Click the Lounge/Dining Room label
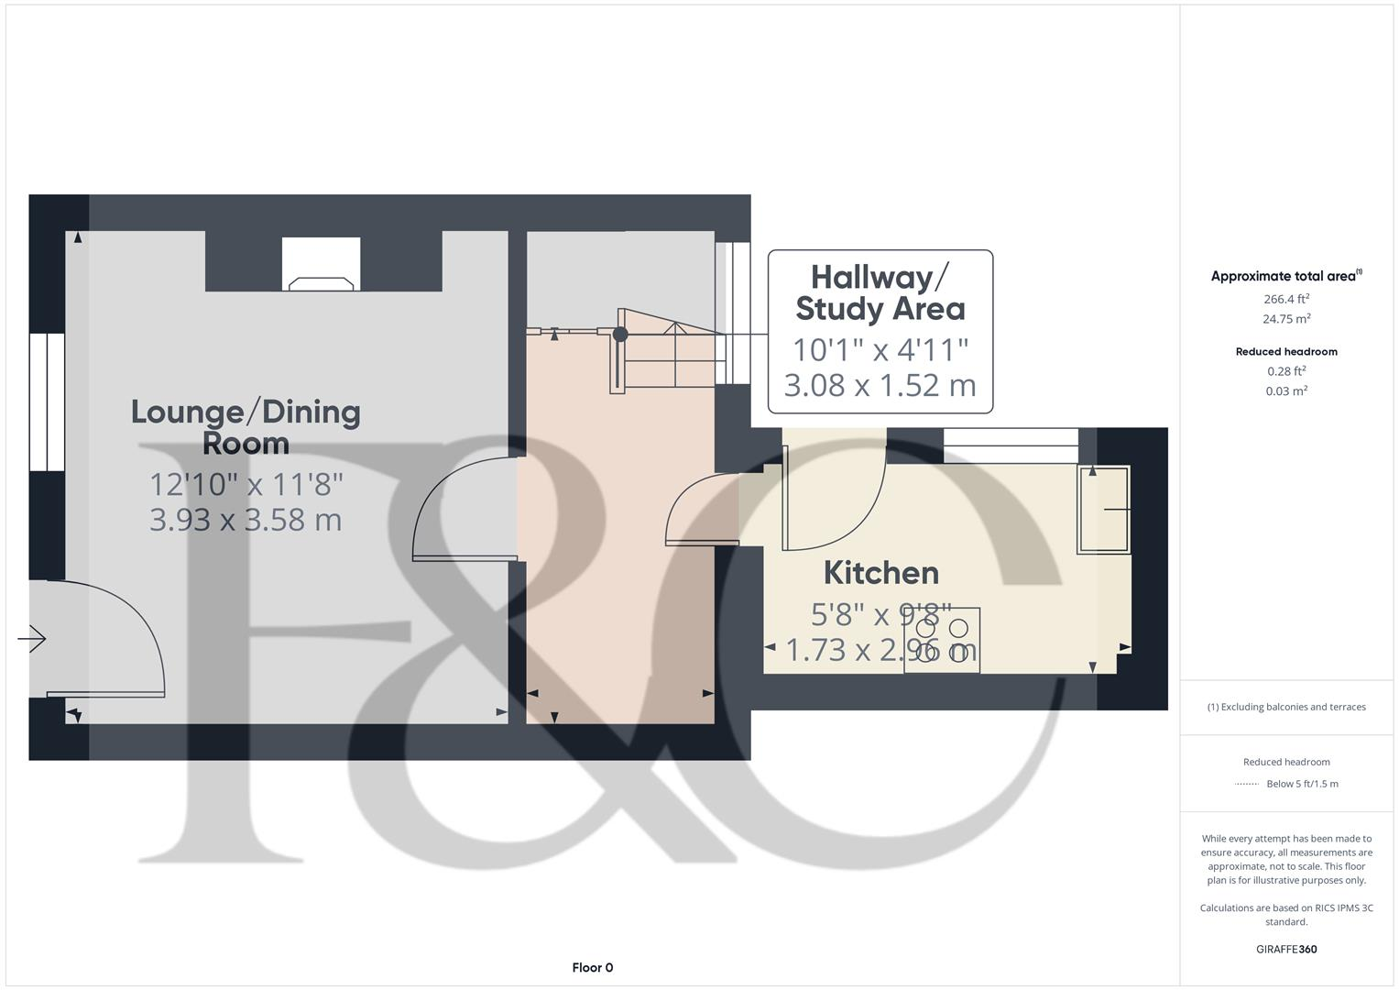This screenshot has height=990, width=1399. (246, 427)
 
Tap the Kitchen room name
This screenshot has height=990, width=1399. (881, 573)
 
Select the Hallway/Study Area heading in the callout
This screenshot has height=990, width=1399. (880, 292)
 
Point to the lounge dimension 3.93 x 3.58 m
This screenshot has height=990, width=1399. (246, 520)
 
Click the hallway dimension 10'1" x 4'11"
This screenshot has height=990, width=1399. (880, 349)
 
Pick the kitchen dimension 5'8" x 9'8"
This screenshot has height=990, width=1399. (881, 612)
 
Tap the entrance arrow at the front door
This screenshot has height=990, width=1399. (32, 638)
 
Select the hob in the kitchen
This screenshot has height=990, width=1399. (942, 641)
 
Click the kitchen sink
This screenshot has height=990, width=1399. (1103, 510)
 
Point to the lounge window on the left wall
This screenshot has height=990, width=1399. (47, 401)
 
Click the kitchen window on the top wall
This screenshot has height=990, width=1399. (1011, 446)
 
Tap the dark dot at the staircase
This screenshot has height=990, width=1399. (620, 335)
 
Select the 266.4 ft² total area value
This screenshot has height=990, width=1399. (1286, 299)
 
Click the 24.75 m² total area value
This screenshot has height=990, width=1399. (1286, 319)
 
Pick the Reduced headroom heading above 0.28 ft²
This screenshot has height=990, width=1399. (1286, 351)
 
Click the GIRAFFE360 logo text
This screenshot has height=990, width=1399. (1286, 950)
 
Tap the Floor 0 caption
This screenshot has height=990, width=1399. (593, 967)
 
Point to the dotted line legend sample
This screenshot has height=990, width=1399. (1247, 784)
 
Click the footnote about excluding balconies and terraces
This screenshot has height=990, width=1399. (1286, 707)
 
